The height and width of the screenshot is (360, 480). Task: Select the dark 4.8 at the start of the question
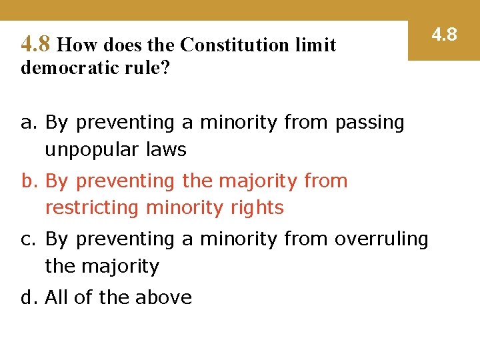click(x=35, y=45)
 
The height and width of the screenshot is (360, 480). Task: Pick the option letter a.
click(x=27, y=123)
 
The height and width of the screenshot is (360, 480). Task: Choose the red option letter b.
click(x=27, y=181)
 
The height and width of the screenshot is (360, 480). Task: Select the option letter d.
click(x=27, y=297)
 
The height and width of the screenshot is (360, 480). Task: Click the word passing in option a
click(x=369, y=123)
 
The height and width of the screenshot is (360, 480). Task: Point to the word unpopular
click(x=89, y=150)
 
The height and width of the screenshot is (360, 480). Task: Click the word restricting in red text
click(x=91, y=208)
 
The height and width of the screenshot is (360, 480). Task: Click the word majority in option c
click(x=120, y=266)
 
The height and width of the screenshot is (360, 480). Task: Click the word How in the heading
click(x=77, y=45)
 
